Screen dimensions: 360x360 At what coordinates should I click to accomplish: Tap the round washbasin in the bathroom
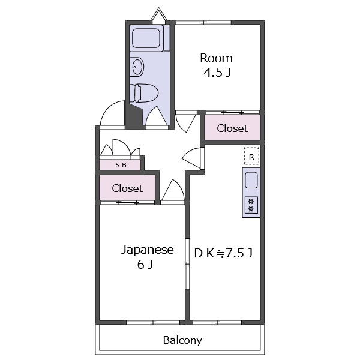(137, 67)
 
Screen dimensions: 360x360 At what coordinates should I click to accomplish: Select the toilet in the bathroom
(146, 93)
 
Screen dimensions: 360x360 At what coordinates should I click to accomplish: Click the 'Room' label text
(216, 58)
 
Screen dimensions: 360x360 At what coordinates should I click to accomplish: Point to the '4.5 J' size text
(216, 73)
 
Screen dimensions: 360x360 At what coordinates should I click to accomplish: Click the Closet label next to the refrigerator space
(232, 128)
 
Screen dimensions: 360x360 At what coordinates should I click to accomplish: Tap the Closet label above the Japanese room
(127, 188)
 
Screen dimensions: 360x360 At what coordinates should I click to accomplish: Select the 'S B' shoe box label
(121, 164)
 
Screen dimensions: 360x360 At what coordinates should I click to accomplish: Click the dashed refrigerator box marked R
(252, 155)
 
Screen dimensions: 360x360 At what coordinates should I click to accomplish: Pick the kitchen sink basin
(251, 179)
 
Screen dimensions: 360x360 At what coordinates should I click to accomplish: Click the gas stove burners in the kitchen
(251, 205)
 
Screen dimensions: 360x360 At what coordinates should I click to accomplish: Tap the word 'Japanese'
(148, 250)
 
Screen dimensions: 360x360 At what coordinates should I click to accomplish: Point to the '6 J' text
(145, 265)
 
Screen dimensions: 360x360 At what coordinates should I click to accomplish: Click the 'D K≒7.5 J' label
(223, 253)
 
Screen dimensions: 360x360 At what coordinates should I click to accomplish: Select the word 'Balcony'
(182, 340)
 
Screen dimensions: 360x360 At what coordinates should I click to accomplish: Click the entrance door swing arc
(112, 114)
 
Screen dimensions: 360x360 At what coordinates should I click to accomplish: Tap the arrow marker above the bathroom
(158, 15)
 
